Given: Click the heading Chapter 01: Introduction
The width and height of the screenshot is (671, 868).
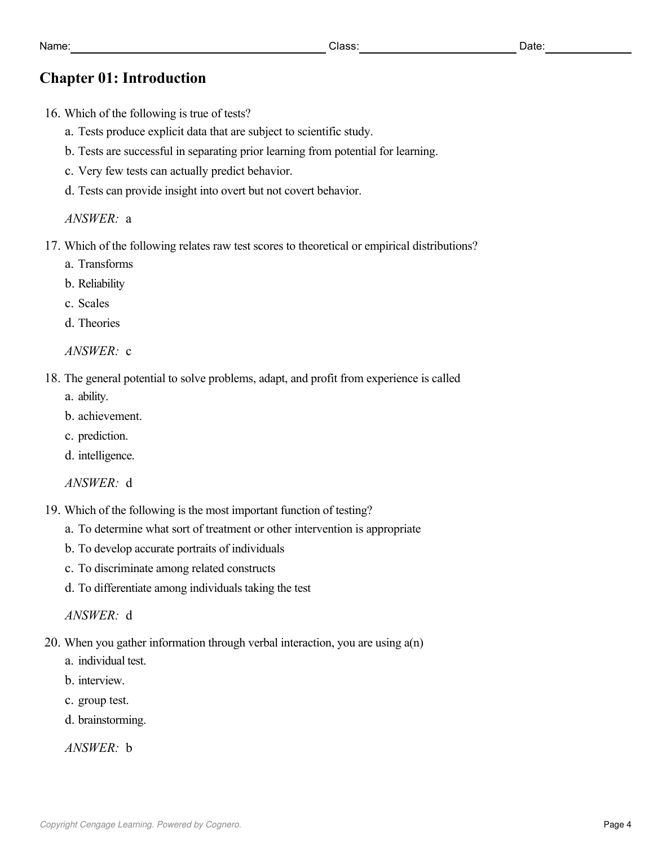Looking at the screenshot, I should click(122, 78).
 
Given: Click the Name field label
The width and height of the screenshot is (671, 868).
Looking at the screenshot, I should click(55, 46).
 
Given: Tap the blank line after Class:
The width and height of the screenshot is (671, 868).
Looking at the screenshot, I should click(438, 48).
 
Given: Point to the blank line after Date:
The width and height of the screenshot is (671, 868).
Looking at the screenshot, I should click(588, 48).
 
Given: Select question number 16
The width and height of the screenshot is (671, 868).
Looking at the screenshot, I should click(52, 113).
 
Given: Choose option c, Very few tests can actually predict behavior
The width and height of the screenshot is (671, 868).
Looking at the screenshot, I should click(185, 171).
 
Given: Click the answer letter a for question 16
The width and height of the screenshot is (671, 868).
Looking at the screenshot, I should click(129, 219).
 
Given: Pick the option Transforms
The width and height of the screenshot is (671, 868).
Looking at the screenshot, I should click(105, 264).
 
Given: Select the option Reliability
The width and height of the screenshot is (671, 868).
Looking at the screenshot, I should click(101, 284).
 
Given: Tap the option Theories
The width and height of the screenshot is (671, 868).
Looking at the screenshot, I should click(99, 323).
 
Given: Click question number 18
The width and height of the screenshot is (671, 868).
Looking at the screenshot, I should click(52, 378).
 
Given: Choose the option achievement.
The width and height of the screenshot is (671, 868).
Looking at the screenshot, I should click(110, 416).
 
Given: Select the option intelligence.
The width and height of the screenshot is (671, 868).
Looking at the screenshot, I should click(106, 455).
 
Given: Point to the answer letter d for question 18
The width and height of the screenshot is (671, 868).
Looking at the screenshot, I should click(129, 483).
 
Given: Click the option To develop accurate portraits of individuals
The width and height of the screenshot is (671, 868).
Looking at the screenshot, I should click(181, 548).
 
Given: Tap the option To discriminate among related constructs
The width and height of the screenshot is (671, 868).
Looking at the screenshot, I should click(176, 568).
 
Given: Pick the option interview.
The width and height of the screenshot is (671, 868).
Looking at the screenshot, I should click(101, 680).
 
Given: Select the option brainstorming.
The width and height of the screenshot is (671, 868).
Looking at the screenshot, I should click(112, 720).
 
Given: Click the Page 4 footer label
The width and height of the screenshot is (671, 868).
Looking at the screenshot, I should click(617, 825).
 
